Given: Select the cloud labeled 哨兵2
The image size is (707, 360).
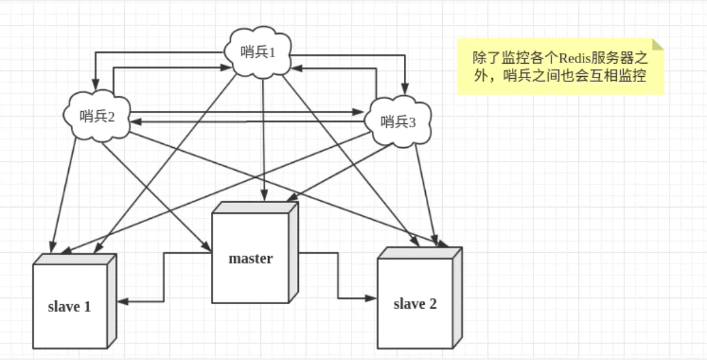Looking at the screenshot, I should click(x=98, y=116).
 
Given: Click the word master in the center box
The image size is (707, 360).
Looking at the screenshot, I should click(x=250, y=258).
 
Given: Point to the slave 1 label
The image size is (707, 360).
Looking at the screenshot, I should click(x=69, y=306).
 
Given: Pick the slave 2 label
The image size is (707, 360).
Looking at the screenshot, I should click(x=415, y=304).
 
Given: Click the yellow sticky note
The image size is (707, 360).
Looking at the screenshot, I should click(x=560, y=66).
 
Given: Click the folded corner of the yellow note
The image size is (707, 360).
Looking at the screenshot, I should click(x=658, y=45).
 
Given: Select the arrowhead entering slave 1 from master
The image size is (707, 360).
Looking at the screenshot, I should click(x=122, y=301).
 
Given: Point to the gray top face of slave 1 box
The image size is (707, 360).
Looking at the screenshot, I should click(x=74, y=258).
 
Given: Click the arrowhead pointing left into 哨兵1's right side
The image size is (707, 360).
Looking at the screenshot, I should click(x=298, y=67).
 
